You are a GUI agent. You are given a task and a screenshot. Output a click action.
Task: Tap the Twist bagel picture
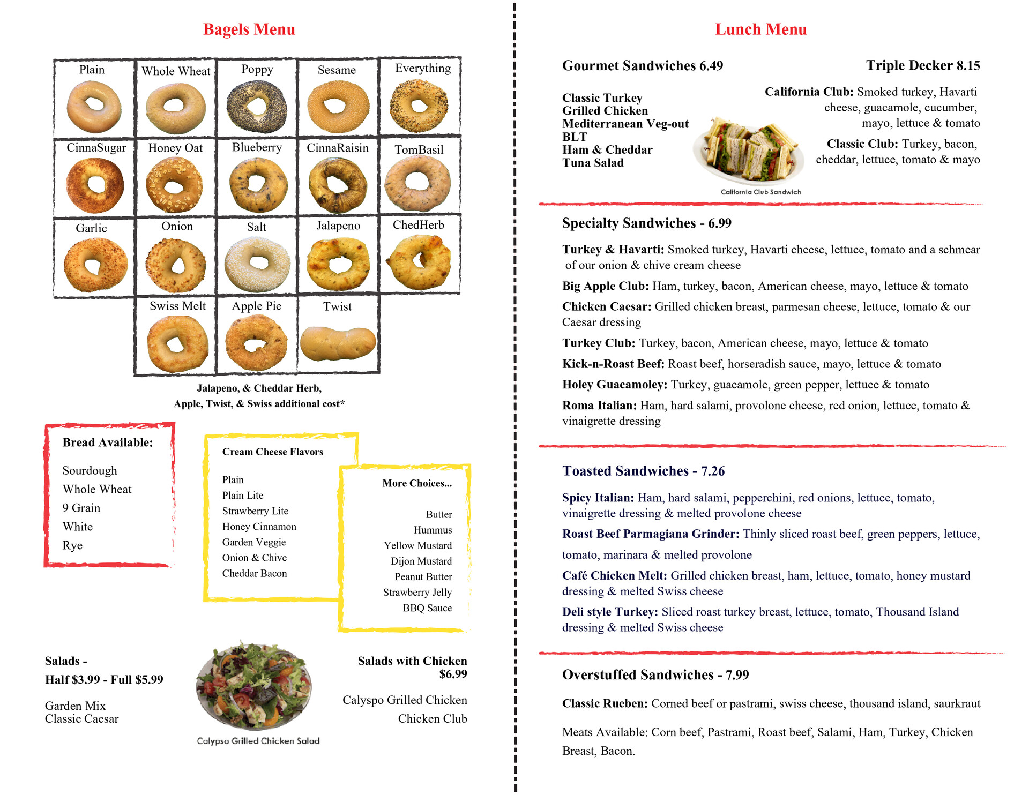pyautogui.click(x=338, y=343)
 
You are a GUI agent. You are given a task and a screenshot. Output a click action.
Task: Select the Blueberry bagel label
pyautogui.click(x=257, y=147)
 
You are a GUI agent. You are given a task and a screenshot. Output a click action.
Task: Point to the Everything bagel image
pyautogui.click(x=419, y=106)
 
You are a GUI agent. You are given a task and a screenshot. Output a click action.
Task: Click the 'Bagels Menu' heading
pyautogui.click(x=249, y=29)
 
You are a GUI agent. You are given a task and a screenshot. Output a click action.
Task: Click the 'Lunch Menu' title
pyautogui.click(x=760, y=29)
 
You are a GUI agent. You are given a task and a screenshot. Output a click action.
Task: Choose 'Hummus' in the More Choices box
pyautogui.click(x=433, y=530)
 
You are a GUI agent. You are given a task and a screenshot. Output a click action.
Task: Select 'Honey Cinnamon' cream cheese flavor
pyautogui.click(x=259, y=527)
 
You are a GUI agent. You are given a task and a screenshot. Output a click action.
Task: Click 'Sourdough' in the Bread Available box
pyautogui.click(x=90, y=470)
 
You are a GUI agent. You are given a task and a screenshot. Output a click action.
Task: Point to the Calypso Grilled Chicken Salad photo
pyautogui.click(x=254, y=686)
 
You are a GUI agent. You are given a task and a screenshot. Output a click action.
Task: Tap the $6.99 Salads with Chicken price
pyautogui.click(x=453, y=674)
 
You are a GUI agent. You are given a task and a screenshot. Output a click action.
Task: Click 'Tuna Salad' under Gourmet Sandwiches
pyautogui.click(x=593, y=163)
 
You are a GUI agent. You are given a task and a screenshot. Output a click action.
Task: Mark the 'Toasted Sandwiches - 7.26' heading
pyautogui.click(x=643, y=471)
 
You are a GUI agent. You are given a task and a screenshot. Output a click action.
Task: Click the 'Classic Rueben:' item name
pyautogui.click(x=605, y=703)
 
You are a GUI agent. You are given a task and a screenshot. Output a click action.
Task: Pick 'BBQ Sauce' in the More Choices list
pyautogui.click(x=427, y=608)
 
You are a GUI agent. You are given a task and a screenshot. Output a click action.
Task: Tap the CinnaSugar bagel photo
pyautogui.click(x=95, y=185)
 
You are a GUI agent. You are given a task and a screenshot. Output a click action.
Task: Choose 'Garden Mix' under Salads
pyautogui.click(x=76, y=706)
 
